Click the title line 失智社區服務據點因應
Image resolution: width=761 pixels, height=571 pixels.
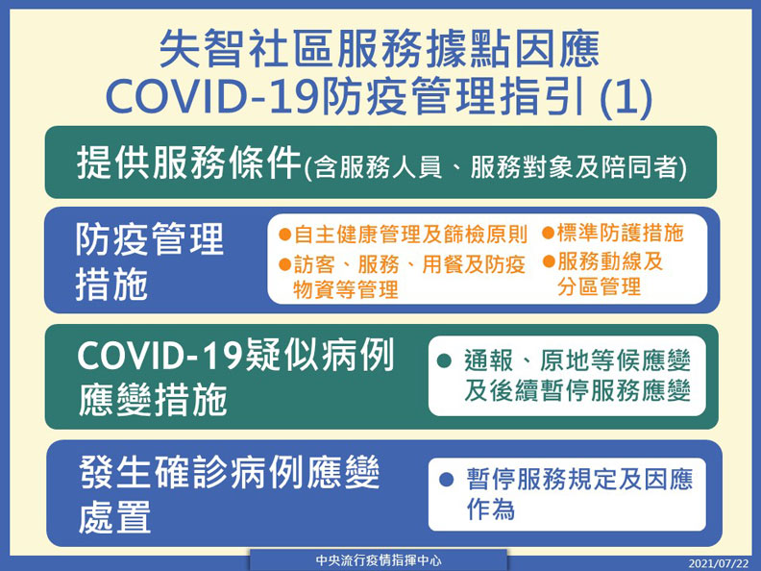(x=380, y=48)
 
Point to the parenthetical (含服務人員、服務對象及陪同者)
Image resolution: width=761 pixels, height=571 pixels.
(x=496, y=167)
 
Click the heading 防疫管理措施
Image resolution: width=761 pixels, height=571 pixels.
(x=149, y=261)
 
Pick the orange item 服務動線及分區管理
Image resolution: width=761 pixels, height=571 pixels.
(x=610, y=274)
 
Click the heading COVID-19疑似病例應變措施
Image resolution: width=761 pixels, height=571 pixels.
(x=235, y=377)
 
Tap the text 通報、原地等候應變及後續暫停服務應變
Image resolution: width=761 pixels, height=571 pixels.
(x=577, y=377)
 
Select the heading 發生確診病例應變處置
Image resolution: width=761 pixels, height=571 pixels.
(x=231, y=493)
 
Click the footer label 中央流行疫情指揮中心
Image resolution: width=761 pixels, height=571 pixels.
(x=379, y=559)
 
